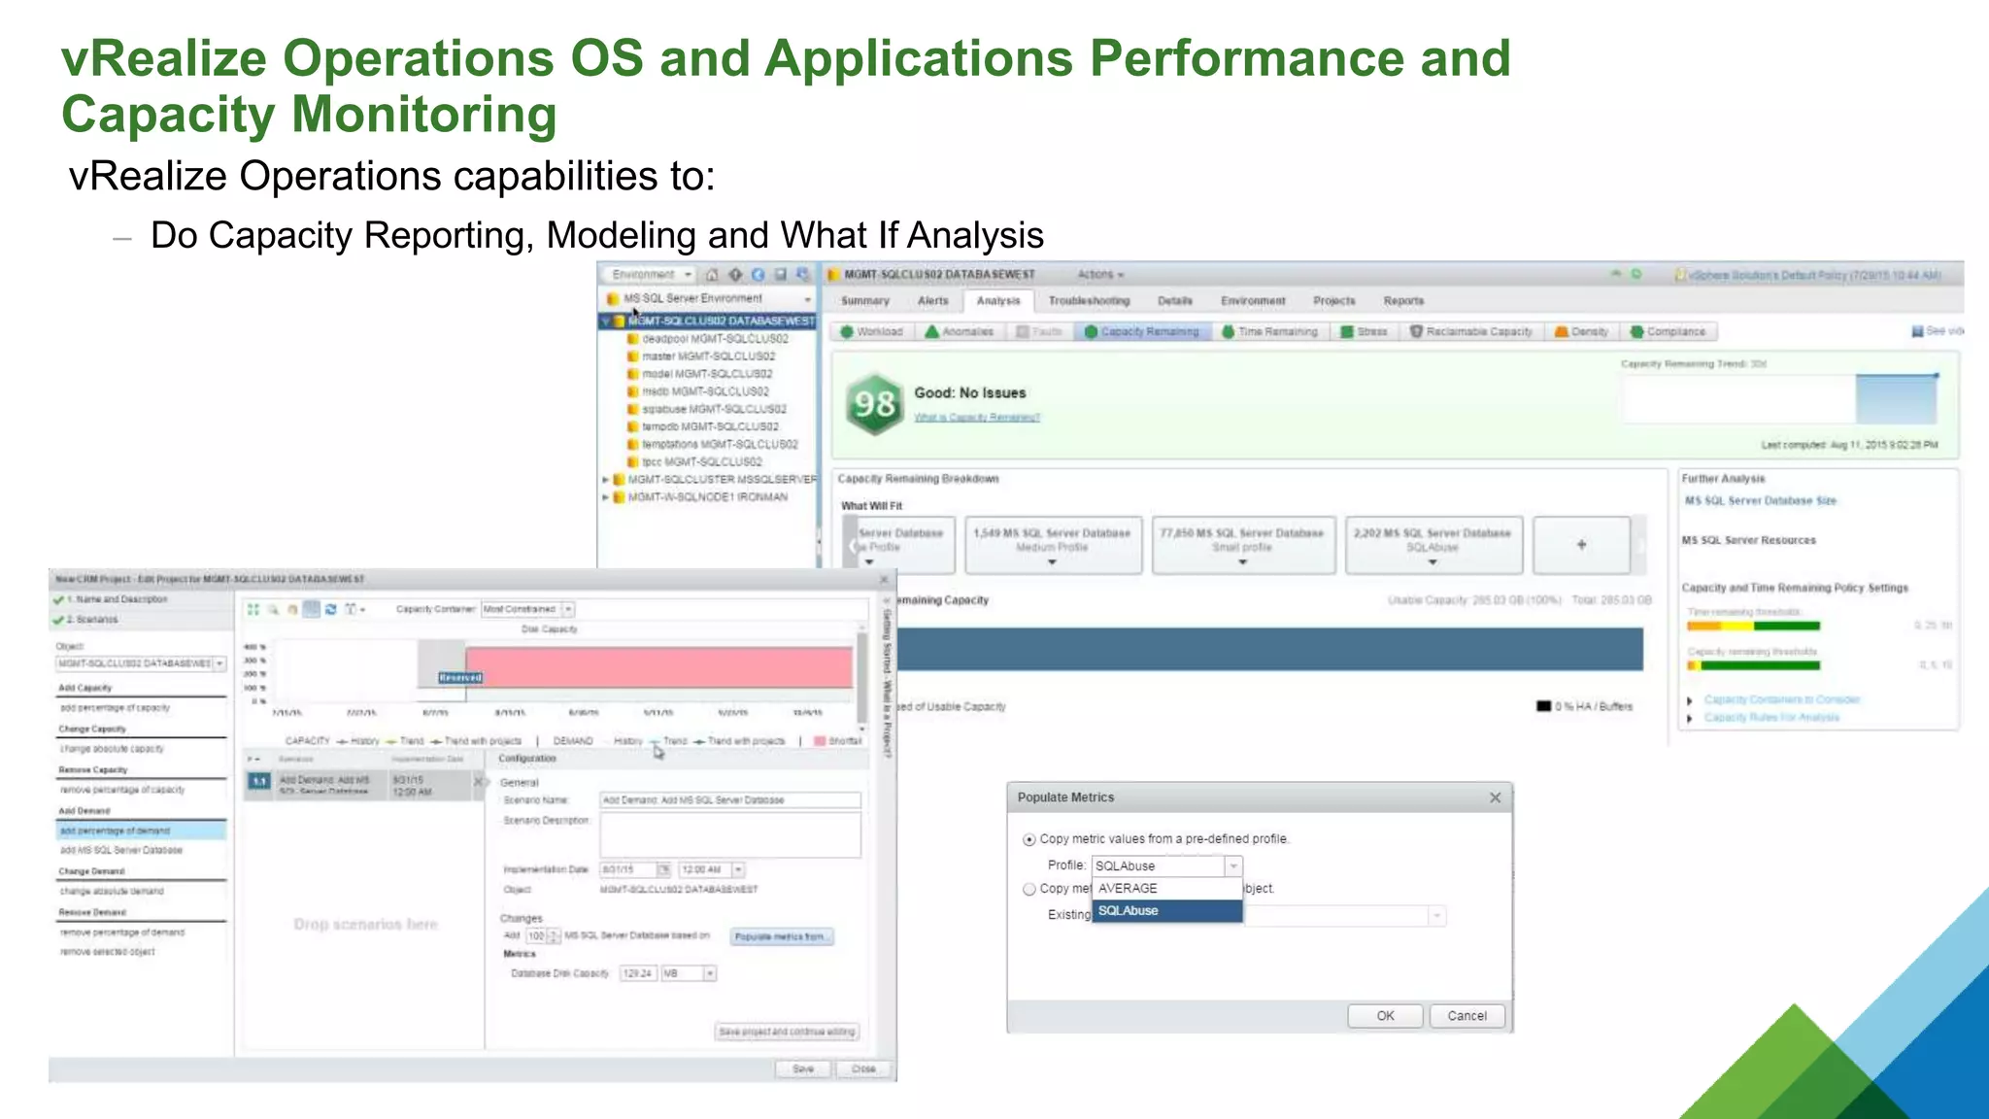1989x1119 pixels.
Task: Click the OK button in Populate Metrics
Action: point(1385,1016)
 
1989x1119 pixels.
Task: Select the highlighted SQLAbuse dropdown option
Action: point(1166,911)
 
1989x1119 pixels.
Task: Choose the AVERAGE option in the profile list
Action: point(1166,888)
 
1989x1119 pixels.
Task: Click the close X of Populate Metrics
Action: point(1495,797)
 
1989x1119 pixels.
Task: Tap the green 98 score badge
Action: point(874,403)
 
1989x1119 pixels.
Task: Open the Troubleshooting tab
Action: point(1089,301)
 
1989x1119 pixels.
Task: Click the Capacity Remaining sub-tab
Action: point(1142,332)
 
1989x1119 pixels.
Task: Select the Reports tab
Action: point(1403,301)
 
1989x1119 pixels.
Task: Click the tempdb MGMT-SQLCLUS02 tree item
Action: point(709,426)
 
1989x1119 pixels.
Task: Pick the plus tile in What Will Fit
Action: point(1581,545)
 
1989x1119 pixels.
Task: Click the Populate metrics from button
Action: point(781,936)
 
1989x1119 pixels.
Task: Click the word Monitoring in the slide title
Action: point(424,115)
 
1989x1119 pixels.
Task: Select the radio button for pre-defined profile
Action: point(1028,839)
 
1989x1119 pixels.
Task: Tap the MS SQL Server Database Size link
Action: point(1760,501)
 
